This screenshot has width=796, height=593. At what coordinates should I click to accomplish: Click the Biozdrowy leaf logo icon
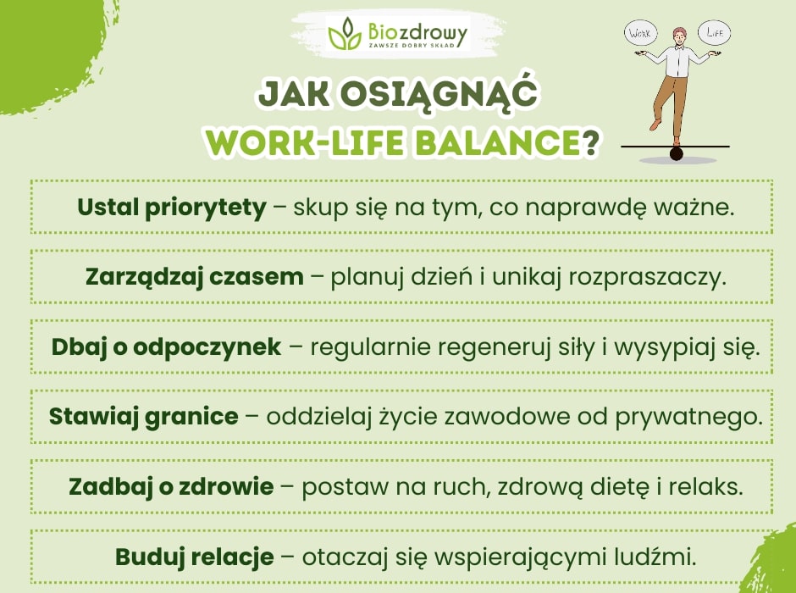(345, 34)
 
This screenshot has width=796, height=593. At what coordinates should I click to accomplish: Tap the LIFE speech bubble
(713, 33)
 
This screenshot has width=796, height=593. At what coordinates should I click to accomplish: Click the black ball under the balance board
(676, 154)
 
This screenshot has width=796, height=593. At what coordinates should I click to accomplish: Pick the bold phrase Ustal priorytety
(172, 207)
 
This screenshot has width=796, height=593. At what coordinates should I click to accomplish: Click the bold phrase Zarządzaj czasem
(194, 276)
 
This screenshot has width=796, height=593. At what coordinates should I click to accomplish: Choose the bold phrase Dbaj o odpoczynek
(166, 346)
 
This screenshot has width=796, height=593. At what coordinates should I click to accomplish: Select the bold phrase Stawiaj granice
(143, 416)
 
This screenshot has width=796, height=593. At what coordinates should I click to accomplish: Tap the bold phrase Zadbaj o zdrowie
(171, 486)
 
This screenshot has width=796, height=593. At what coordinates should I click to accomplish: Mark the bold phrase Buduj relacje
(195, 557)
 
